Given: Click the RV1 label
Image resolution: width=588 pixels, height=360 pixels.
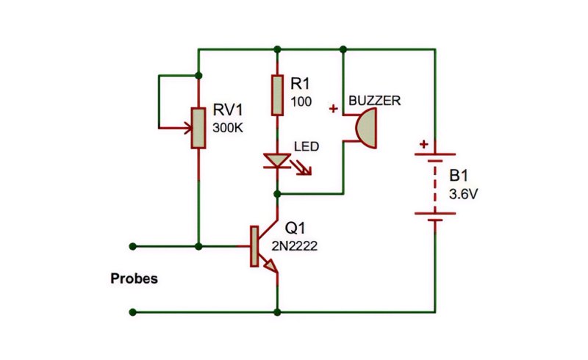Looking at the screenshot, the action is point(228,110).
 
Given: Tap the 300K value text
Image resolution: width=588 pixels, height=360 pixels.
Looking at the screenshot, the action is point(228,128).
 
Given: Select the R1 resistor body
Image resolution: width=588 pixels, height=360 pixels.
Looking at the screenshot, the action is point(277,96).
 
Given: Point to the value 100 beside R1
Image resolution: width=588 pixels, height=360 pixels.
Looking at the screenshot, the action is point(301,101).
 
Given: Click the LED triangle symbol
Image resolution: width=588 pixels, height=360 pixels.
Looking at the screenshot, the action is point(277,160).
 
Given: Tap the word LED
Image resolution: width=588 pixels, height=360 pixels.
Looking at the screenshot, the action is point(306,146).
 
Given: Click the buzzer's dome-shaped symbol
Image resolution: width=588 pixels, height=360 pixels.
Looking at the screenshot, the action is point(366,129).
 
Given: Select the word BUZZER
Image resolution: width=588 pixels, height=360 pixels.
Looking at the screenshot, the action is point(375,101).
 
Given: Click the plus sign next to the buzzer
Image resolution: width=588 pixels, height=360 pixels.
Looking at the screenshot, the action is point(333,109).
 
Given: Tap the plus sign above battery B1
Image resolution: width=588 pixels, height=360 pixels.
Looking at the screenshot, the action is point(424,145).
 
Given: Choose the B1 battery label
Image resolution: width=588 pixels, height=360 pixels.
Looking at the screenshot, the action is point(459,176).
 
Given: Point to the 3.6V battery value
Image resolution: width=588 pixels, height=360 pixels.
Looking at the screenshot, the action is point(463,194).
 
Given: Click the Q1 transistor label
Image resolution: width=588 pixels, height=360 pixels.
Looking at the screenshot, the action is point(295,228).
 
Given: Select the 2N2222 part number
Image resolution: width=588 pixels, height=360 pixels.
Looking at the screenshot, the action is point(295,246).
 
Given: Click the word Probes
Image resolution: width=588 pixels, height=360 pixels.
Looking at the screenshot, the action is point(134,278).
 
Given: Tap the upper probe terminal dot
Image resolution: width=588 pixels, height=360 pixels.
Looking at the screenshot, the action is point(132,246).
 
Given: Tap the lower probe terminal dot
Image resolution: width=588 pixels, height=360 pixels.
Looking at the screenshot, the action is point(132,312).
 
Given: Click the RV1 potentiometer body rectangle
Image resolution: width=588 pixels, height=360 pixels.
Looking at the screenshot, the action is point(198,129).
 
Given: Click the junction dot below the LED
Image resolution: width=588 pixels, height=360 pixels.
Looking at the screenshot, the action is point(277,194).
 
